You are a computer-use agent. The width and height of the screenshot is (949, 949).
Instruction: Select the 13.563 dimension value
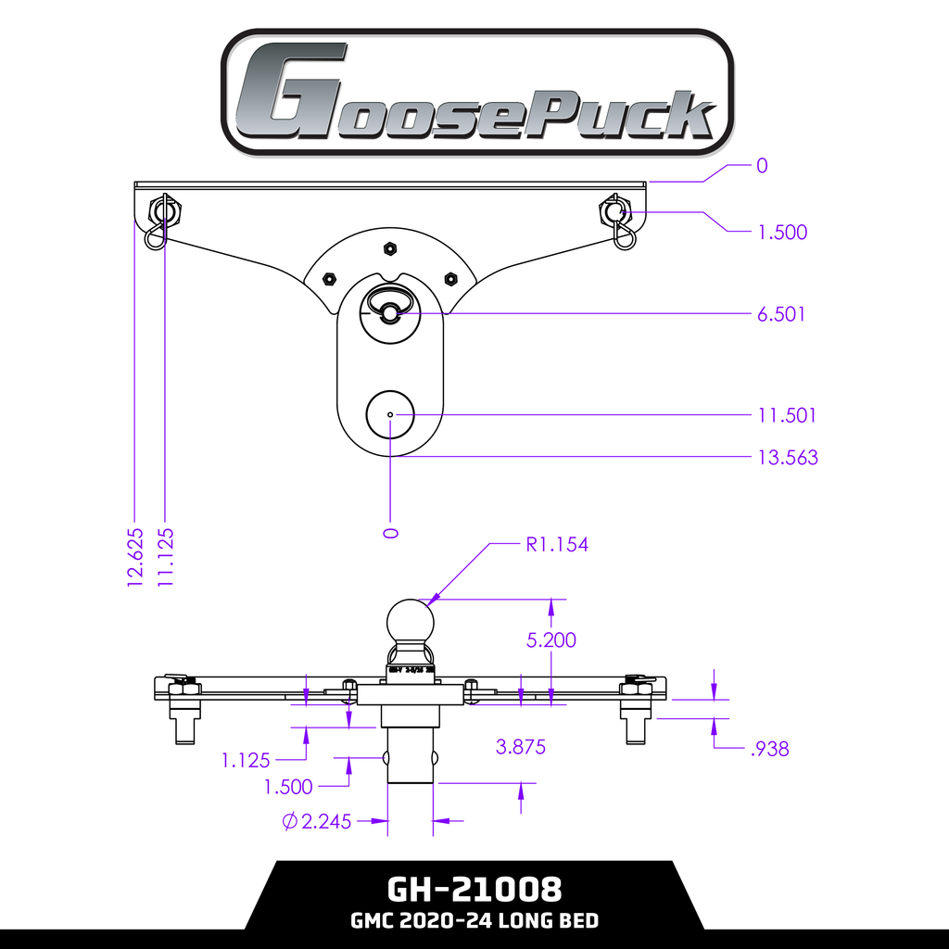788,457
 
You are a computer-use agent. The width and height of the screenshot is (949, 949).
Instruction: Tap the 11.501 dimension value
787,415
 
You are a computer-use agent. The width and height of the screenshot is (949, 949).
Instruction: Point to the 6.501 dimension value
781,314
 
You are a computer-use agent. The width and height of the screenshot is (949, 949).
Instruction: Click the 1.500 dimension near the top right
782,232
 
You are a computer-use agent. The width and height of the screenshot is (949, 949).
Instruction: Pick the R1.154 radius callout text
557,544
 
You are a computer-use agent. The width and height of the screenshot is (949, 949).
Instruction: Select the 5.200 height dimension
550,639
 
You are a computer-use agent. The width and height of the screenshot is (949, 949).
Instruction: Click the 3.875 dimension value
521,746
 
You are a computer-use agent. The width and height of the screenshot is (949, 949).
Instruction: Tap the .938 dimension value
769,749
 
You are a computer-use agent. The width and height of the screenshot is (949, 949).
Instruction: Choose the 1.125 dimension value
246,760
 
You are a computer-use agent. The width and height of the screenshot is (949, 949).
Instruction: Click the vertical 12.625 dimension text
135,557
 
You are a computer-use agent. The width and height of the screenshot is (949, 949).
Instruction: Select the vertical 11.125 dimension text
166,557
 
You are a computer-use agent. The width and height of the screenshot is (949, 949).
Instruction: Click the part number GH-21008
474,890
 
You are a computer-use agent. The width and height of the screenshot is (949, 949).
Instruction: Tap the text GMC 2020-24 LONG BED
474,921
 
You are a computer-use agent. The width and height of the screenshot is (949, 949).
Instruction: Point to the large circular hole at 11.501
390,415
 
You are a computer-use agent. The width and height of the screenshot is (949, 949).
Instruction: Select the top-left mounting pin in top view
163,212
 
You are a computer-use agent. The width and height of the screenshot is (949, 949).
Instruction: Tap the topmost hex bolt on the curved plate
390,248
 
